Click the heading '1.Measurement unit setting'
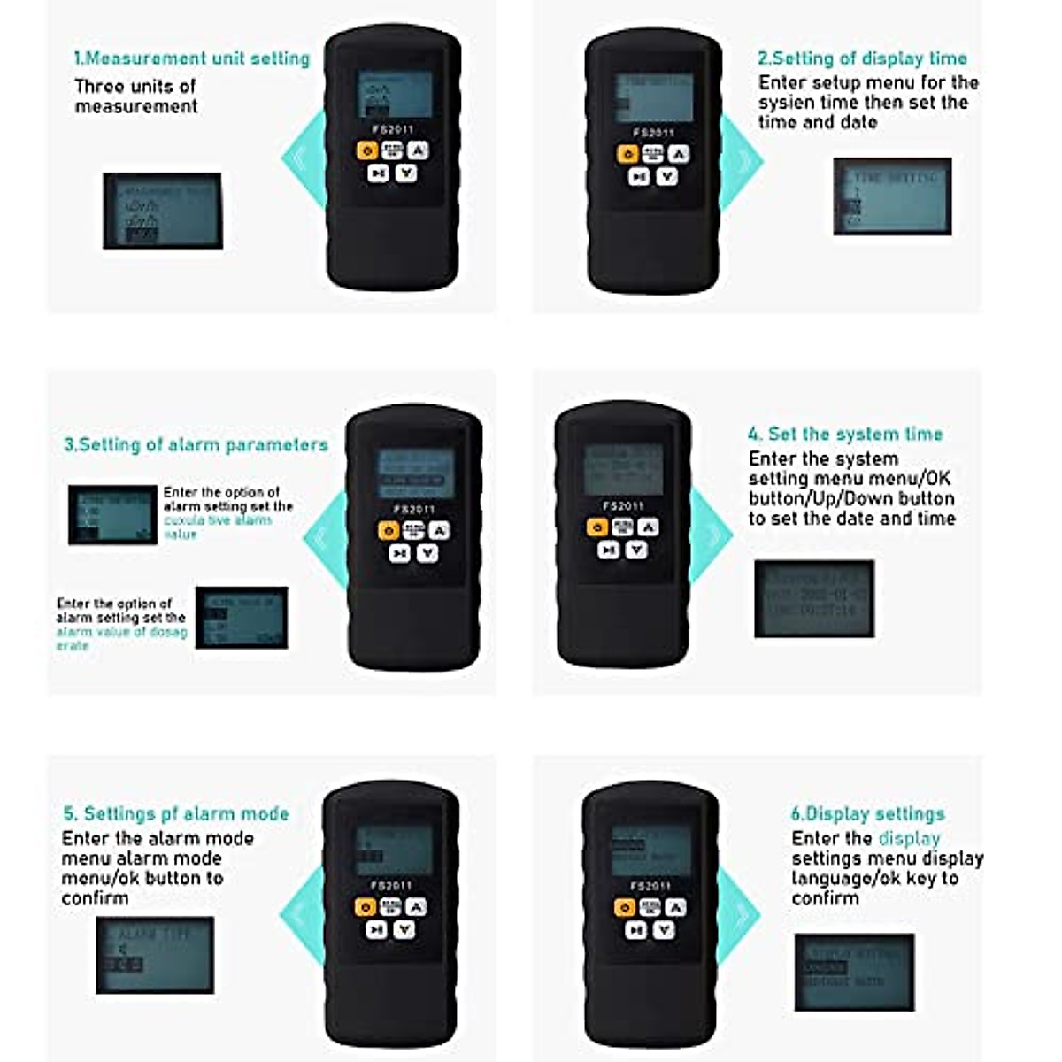coord(191,58)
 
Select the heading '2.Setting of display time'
coord(862,58)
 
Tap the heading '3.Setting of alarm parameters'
coord(196,444)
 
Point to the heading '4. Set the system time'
coord(845,434)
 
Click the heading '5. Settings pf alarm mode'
coord(176,813)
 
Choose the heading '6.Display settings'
coord(867,813)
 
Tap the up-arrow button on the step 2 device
coord(678,154)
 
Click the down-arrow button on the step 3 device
coord(427,553)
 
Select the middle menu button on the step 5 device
coord(390,907)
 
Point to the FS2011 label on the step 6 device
coord(650,886)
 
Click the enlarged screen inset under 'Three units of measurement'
coord(163,211)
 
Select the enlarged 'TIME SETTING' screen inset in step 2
coord(892,196)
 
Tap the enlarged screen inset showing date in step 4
coord(814,598)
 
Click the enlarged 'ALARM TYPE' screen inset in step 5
coord(155,955)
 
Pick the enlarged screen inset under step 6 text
coord(854,972)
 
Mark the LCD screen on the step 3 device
coord(416,473)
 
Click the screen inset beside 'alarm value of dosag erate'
coord(242,618)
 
